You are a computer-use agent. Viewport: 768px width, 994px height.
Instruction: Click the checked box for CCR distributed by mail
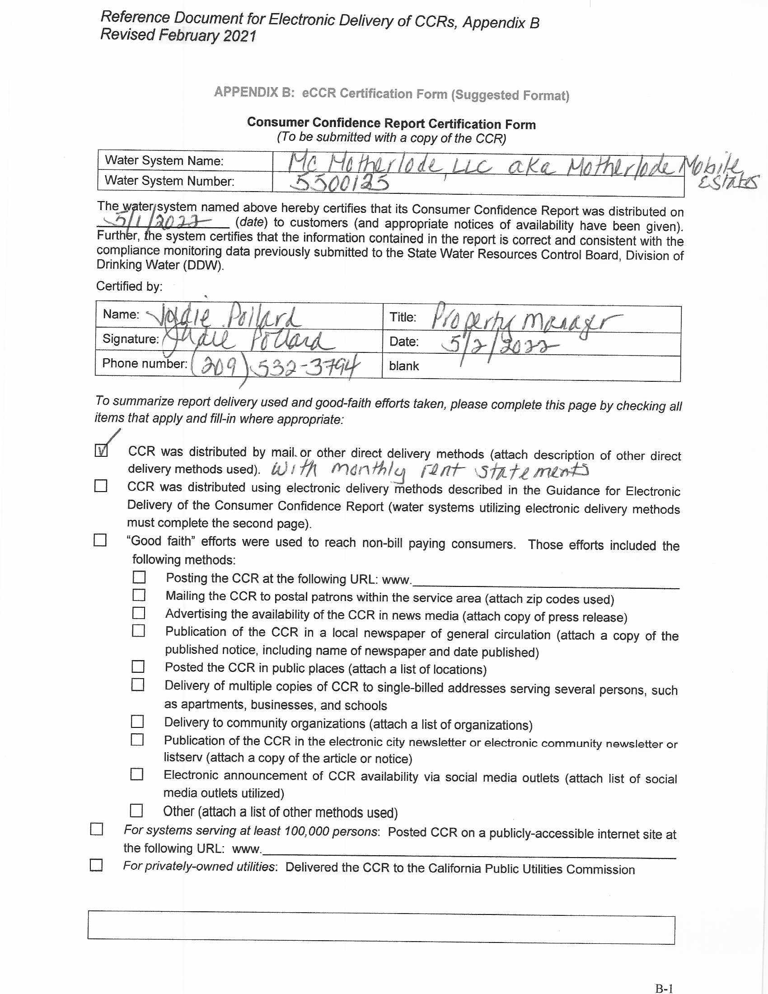click(101, 450)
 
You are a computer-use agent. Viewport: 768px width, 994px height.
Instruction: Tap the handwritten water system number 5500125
click(339, 183)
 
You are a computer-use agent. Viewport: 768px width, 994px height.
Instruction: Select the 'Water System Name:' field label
click(164, 161)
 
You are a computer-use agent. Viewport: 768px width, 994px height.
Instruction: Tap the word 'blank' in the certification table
click(403, 366)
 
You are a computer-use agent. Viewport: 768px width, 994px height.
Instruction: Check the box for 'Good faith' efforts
click(100, 540)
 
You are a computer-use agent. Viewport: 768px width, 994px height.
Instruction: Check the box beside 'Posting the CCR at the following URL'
click(139, 577)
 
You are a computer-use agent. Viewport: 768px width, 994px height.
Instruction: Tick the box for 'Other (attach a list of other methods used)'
click(136, 811)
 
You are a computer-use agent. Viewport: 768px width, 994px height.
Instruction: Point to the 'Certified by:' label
click(129, 286)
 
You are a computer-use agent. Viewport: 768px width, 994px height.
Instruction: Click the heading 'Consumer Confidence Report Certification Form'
click(391, 123)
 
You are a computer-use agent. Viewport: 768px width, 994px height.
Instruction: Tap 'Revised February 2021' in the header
click(178, 36)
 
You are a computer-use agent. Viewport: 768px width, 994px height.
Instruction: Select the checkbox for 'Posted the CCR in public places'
click(138, 667)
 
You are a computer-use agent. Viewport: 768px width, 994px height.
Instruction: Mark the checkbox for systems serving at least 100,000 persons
click(97, 829)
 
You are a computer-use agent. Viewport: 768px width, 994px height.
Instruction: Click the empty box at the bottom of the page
click(381, 928)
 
